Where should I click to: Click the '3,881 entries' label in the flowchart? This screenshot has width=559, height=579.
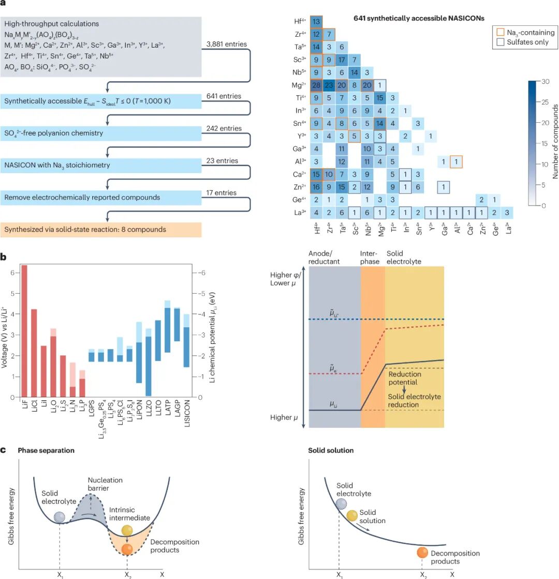click(226, 44)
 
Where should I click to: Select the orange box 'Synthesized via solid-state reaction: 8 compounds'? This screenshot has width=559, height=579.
click(101, 229)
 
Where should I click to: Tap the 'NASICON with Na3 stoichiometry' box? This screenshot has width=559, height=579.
click(101, 166)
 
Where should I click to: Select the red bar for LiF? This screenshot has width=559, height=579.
click(24, 331)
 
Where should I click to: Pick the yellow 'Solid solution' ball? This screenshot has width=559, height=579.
click(352, 515)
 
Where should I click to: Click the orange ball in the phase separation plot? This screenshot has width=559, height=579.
click(126, 549)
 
